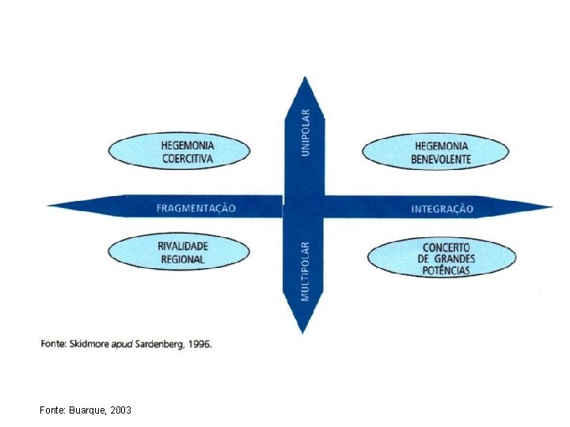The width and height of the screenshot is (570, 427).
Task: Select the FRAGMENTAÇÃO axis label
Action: click(x=196, y=208)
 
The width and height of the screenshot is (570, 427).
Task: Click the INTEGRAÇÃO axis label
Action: click(x=442, y=209)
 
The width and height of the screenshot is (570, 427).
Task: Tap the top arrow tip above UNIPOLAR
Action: click(x=305, y=80)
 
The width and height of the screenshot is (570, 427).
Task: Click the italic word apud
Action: click(x=120, y=346)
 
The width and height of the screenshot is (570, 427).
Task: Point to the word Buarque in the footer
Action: click(x=87, y=410)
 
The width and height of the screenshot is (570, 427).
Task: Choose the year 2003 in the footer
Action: click(x=121, y=410)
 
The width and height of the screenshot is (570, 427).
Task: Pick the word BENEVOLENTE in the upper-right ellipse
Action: click(x=441, y=159)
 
